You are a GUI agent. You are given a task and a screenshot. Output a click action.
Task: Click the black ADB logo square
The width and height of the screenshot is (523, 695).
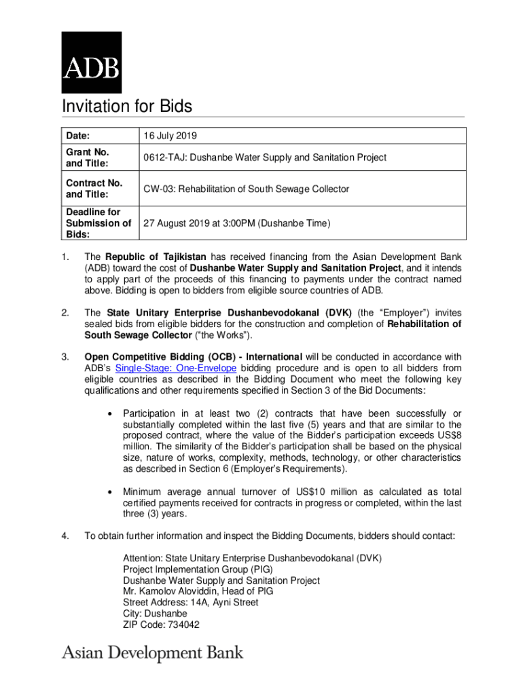(x=92, y=62)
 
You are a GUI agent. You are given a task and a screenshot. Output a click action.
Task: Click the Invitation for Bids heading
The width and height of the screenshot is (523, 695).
(x=127, y=107)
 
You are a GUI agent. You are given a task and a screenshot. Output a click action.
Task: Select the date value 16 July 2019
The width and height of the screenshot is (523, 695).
(x=170, y=136)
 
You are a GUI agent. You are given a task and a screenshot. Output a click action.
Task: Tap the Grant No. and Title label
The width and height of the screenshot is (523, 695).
(x=88, y=157)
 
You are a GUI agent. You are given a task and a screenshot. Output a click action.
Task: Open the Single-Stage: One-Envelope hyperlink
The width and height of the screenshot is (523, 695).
(x=176, y=368)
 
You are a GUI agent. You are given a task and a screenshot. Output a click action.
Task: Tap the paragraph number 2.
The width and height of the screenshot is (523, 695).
(x=65, y=313)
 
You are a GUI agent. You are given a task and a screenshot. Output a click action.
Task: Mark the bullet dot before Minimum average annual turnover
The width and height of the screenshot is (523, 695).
(x=109, y=492)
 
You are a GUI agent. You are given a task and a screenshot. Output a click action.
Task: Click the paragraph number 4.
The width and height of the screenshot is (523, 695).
(x=65, y=536)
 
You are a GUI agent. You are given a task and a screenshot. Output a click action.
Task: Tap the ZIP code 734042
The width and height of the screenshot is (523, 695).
(x=181, y=624)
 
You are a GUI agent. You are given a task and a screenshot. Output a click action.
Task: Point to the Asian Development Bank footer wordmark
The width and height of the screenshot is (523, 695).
(x=153, y=653)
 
